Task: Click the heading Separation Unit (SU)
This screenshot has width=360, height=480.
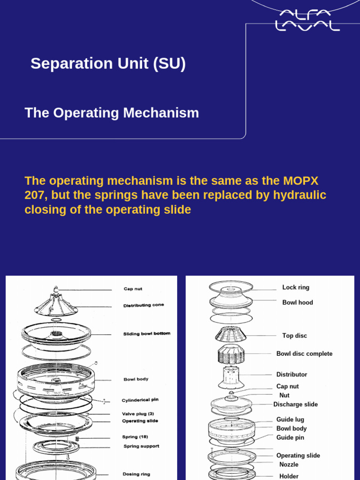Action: [x=108, y=64]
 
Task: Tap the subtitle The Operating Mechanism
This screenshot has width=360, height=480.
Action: [x=112, y=113]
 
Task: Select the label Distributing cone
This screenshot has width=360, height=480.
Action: [x=143, y=306]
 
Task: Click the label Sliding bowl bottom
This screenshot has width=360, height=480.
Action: [x=147, y=334]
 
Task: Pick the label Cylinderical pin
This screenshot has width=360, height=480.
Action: [x=143, y=400]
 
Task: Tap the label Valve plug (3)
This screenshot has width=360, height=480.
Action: [x=138, y=414]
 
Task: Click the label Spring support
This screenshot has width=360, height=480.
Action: [x=141, y=446]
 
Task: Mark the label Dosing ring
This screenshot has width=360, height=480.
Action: [x=136, y=474]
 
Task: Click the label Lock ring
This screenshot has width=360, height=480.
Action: [x=296, y=287]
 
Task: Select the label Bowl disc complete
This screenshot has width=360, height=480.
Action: [x=304, y=354]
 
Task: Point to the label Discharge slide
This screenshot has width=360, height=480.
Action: [x=295, y=405]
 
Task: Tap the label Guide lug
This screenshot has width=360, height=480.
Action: [x=290, y=420]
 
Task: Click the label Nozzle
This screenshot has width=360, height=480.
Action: [x=289, y=465]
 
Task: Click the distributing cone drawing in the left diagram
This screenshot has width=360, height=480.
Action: [x=56, y=303]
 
